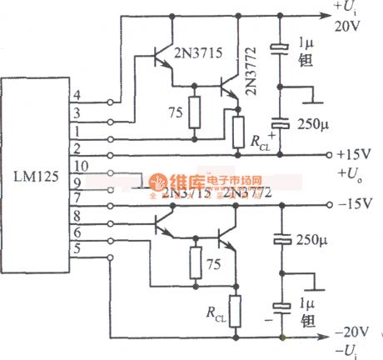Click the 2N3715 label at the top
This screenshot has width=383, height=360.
coord(198,52)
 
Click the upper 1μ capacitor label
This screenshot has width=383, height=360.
coord(304,42)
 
